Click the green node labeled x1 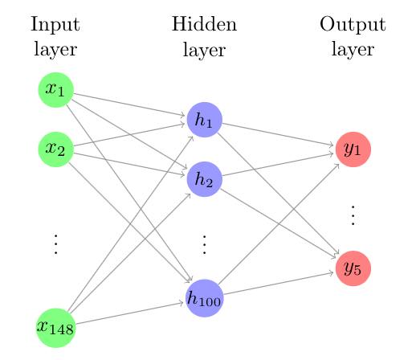point(55,90)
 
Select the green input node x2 point(55,149)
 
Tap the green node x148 point(55,328)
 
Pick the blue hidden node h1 point(205,120)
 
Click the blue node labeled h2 point(205,179)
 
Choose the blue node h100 point(205,298)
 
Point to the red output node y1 point(353,149)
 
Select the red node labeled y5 point(353,268)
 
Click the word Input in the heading point(55,25)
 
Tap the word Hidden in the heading point(204,24)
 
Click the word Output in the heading point(353,25)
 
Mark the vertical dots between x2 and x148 point(55,243)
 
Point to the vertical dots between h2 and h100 point(205,244)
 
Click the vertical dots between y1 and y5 point(353,215)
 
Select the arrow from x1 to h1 point(129,104)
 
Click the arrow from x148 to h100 point(129,313)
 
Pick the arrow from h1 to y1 point(278,134)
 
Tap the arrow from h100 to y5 point(279,284)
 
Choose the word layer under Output point(353,50)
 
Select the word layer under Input point(55,50)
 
